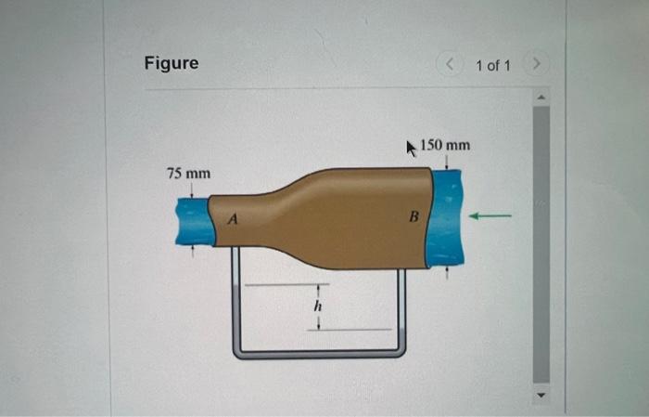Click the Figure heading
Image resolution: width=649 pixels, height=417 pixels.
tap(171, 63)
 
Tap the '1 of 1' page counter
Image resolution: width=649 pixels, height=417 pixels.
tap(492, 65)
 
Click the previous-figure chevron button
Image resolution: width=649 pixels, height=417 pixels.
tap(449, 65)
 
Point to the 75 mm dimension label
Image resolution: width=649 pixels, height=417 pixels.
tap(188, 174)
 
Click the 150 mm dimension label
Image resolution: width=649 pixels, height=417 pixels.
tap(445, 146)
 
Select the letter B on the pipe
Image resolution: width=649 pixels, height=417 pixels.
tap(414, 217)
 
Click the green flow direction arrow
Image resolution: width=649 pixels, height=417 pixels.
tap(490, 216)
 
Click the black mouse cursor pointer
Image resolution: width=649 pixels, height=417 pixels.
tap(413, 147)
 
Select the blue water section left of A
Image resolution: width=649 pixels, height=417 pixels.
tap(193, 223)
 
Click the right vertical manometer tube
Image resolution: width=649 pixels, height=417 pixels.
tap(401, 306)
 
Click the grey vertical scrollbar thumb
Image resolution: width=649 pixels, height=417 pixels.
tap(541, 241)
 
